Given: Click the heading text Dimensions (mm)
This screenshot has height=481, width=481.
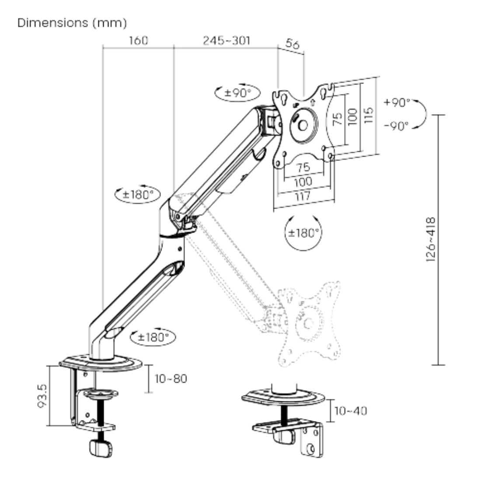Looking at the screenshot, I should point(72,23).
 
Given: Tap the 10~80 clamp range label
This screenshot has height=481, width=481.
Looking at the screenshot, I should point(171,378).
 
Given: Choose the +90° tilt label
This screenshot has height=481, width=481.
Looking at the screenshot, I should point(397,103).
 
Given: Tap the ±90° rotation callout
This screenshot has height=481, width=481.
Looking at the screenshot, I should point(238,92).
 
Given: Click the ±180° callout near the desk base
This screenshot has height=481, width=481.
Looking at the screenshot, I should point(153,337).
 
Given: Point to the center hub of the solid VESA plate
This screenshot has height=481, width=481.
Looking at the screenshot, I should point(303,125).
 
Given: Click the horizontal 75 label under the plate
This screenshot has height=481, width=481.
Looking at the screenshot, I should point(303,167).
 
